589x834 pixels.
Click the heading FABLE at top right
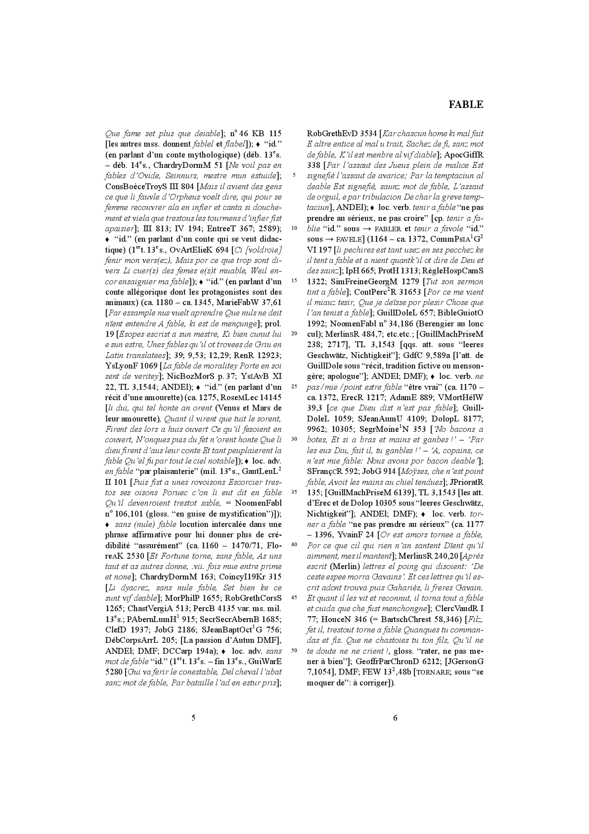tap(465, 104)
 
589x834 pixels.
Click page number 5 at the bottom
tap(193, 718)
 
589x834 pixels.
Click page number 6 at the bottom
tap(395, 718)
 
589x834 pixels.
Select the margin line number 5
tap(294, 175)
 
